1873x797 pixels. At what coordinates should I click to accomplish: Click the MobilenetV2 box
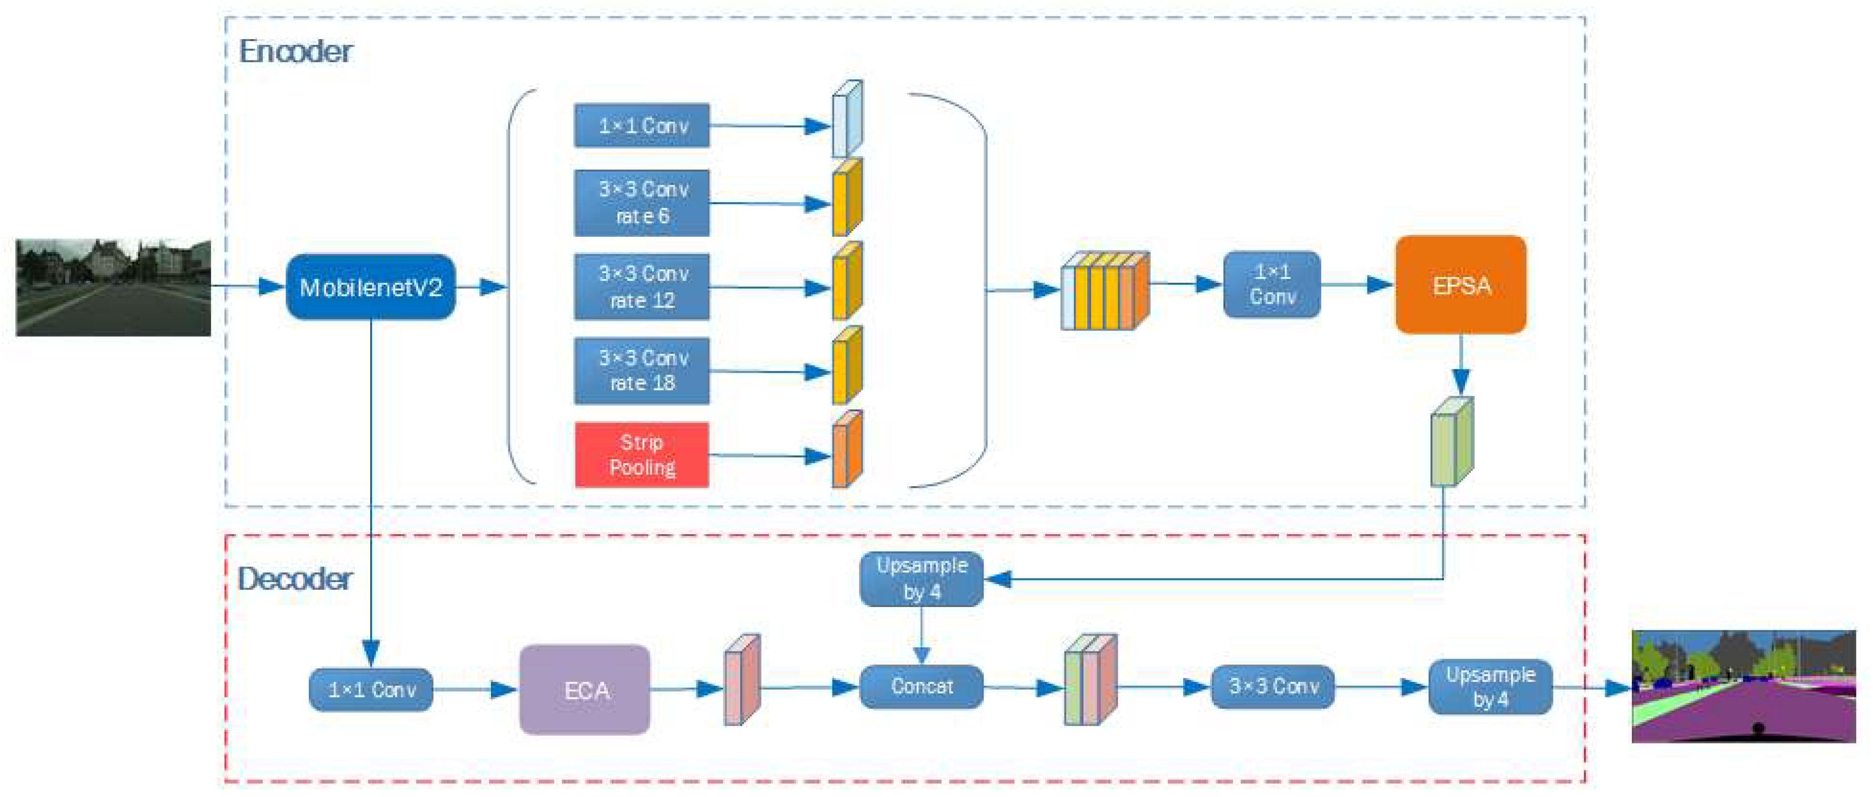click(371, 287)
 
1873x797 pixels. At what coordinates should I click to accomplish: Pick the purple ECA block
click(585, 689)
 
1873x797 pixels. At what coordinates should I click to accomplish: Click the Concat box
click(921, 686)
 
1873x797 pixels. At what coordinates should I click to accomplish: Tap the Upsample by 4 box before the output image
click(1490, 686)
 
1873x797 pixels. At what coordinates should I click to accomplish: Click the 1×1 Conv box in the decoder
click(371, 689)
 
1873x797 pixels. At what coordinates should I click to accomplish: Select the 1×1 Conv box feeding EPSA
click(1272, 284)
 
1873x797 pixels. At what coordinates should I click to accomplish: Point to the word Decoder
click(295, 580)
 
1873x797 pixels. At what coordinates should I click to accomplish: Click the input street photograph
click(114, 287)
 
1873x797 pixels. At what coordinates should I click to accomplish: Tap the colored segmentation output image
click(1743, 686)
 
